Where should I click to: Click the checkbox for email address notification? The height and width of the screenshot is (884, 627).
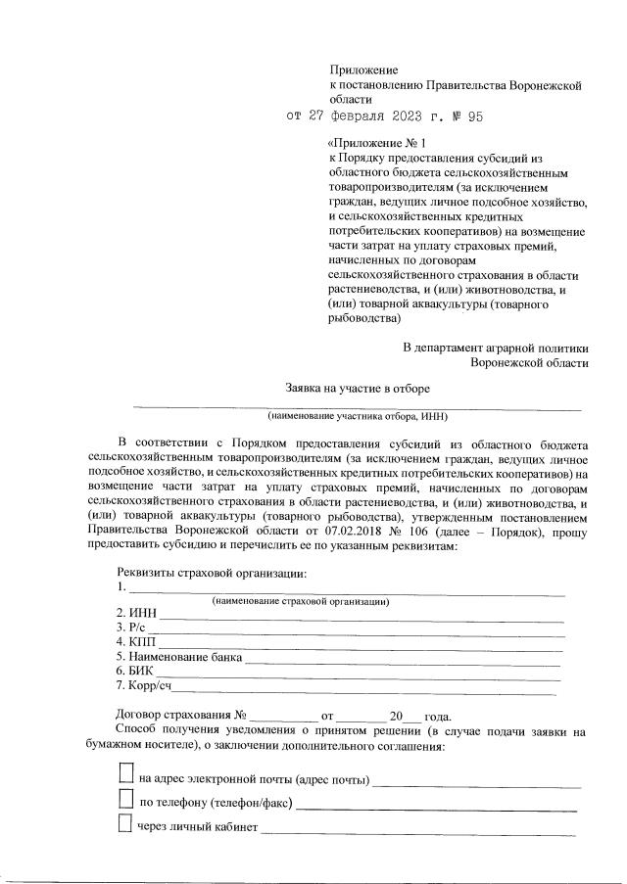[124, 774]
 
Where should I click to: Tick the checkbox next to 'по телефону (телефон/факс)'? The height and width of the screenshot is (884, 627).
[124, 800]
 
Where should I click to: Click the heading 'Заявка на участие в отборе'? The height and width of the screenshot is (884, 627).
[358, 388]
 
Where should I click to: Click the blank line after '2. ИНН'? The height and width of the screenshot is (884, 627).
[362, 618]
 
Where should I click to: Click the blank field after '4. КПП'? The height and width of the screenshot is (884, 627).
[362, 649]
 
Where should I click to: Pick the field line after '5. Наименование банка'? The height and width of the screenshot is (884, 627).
[402, 664]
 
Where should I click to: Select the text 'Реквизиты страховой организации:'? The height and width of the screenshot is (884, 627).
[212, 573]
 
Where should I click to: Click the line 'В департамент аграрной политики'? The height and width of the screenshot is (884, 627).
[496, 348]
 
